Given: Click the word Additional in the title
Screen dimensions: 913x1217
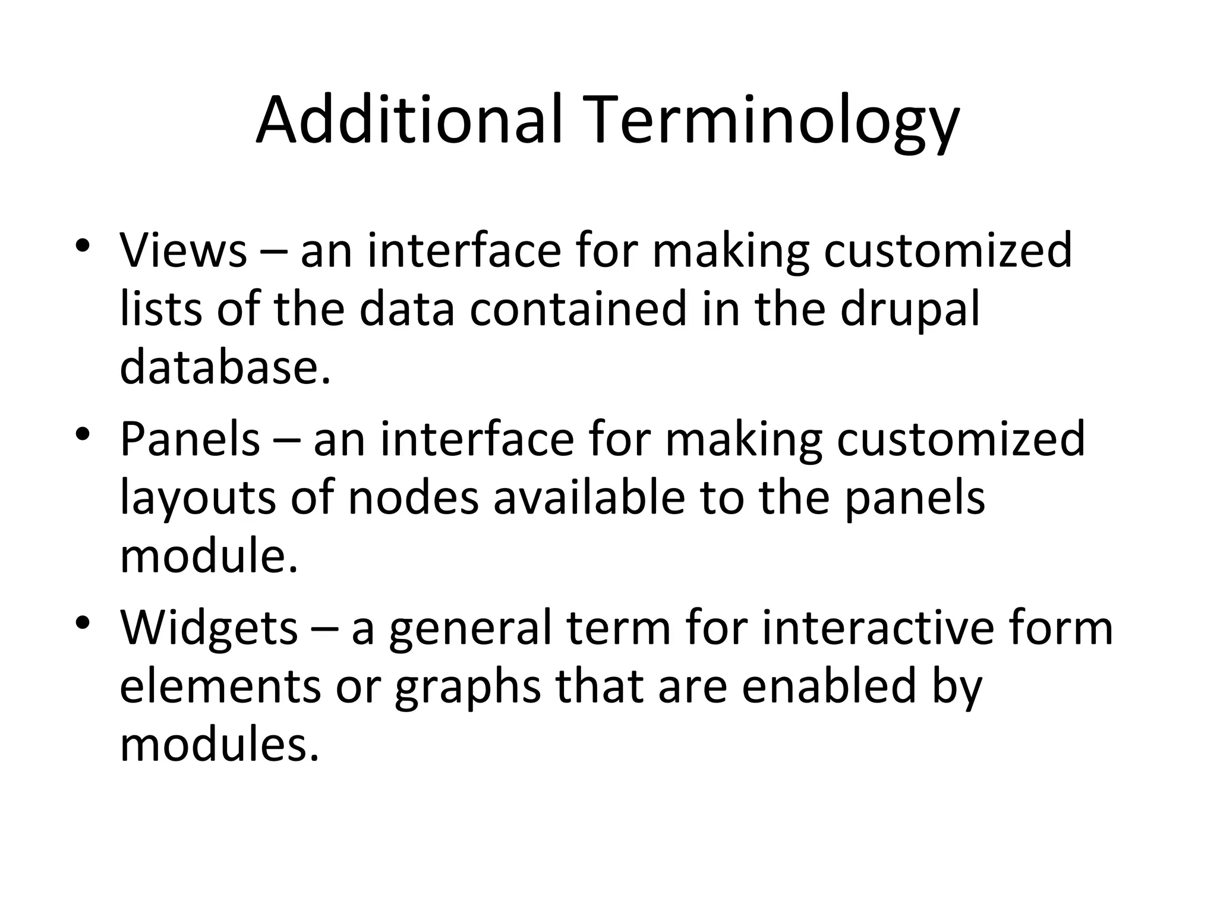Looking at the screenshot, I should point(409,121).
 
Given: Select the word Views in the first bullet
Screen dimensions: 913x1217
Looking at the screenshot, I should point(183,250).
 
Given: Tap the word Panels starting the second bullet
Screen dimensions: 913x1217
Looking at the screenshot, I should point(190,439).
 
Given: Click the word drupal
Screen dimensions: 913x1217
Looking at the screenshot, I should point(910,310).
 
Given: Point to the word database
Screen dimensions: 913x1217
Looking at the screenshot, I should point(225,367).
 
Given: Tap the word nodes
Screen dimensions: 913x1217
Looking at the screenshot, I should point(413,498).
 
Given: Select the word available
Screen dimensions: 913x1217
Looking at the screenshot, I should point(589,498).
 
